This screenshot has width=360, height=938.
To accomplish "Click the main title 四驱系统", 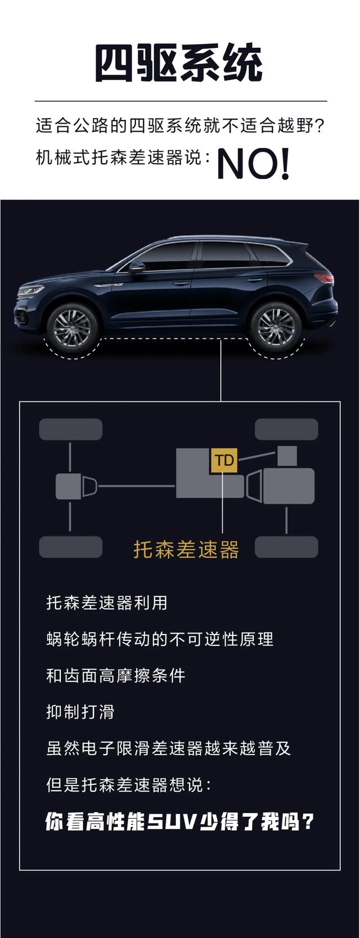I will click(179, 64).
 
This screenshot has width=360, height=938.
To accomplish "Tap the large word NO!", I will click(253, 164).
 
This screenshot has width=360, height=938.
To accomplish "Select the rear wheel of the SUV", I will click(276, 327).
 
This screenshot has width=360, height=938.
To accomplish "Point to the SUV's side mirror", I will click(136, 267).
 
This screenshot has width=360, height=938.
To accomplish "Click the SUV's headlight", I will click(31, 291).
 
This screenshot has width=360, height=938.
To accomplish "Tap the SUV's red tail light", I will click(323, 278).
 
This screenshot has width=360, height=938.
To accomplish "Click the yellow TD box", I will click(224, 460).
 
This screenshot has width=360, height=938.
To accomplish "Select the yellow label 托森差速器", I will click(186, 550).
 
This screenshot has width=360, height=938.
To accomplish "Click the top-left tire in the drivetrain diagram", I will click(70, 429).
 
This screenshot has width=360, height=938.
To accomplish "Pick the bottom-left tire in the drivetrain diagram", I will click(70, 546).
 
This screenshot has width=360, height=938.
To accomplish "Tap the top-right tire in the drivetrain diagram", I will click(286, 429).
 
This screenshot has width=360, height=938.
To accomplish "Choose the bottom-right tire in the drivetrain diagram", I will click(286, 546).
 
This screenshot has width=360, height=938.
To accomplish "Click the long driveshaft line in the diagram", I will click(136, 486).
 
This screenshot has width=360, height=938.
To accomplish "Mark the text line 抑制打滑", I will click(80, 712).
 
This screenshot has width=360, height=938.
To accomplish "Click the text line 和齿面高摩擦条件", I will click(116, 675).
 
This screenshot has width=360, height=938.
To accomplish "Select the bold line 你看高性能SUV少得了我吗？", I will click(179, 822).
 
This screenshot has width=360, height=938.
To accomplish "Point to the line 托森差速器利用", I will click(107, 603).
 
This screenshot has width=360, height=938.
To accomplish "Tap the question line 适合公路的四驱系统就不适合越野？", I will click(181, 125).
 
